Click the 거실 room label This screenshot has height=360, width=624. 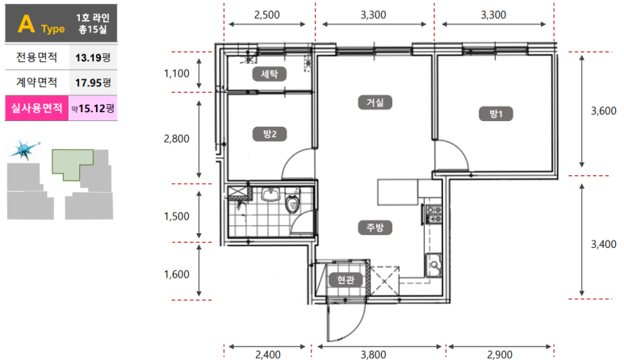[375, 103]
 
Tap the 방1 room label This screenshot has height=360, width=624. [496, 114]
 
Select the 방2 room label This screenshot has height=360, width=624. [270, 134]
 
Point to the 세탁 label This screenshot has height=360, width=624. [270, 73]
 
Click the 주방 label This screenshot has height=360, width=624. [375, 228]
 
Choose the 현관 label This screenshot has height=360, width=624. [346, 280]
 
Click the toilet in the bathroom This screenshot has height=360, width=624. [292, 202]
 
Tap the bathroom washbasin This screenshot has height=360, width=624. [270, 195]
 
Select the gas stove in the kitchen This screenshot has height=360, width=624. [433, 214]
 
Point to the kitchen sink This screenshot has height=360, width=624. [433, 265]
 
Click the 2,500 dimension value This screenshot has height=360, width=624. [266, 15]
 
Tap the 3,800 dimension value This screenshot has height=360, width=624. [373, 354]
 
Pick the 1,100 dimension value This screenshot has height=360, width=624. [177, 73]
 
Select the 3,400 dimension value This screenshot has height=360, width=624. [603, 244]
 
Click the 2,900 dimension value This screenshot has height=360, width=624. [500, 354]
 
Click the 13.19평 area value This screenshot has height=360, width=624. [93, 57]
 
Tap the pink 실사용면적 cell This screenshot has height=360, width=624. [36, 108]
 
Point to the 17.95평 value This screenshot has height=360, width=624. [93, 83]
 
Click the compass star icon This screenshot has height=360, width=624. [24, 150]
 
